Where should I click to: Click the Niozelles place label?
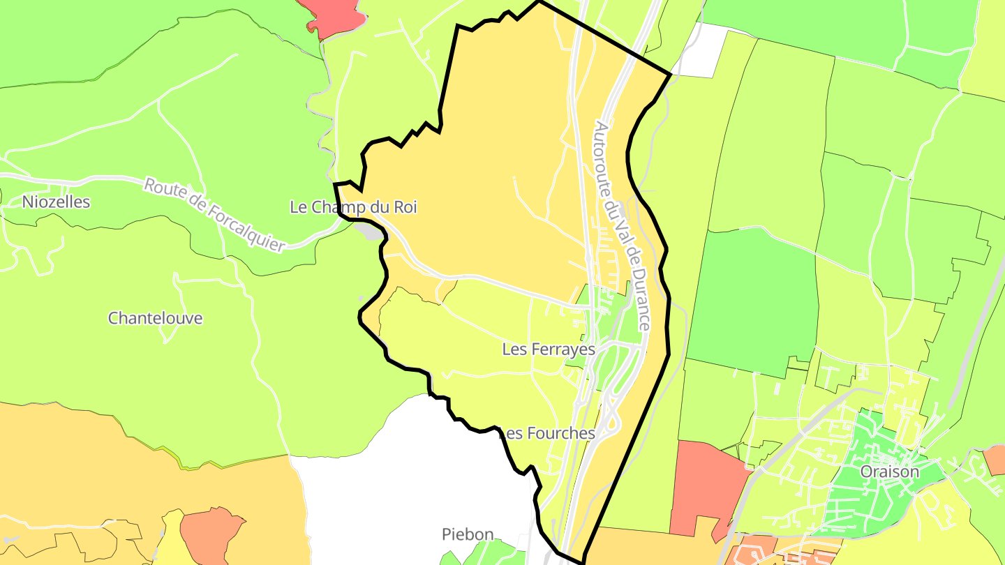[x=57, y=202]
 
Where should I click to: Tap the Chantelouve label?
[x=155, y=318]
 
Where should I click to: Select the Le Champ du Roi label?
[x=353, y=207]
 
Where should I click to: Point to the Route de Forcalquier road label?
[x=215, y=215]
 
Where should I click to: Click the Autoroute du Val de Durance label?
[x=623, y=226]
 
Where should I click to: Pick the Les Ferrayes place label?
[x=549, y=349]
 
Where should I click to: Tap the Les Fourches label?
[x=549, y=433]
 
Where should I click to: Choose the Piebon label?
[x=468, y=534]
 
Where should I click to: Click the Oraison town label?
[x=889, y=472]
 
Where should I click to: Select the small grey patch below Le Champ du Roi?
[x=368, y=231]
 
